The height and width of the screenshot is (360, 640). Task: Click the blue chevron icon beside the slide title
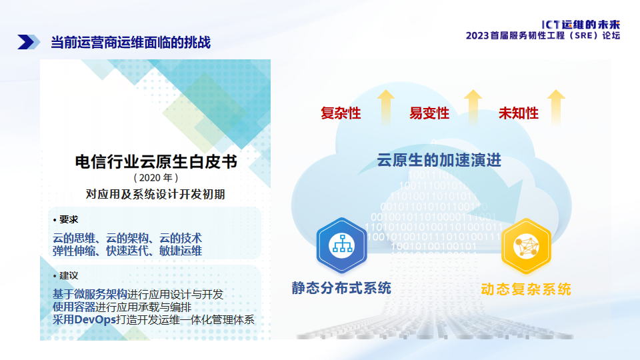coord(25,42)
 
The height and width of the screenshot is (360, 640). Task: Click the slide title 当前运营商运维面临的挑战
coord(131,43)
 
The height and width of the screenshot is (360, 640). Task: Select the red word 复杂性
coord(341,113)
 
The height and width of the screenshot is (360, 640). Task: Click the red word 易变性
coord(429,113)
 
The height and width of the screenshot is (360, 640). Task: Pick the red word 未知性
coord(519,113)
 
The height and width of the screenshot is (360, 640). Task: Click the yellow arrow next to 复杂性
coord(385,107)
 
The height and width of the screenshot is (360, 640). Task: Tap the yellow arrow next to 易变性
coord(473,107)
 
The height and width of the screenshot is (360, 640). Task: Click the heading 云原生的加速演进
coord(439,161)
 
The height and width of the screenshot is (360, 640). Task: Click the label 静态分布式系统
coord(341,288)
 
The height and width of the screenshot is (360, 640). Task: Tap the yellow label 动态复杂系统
coord(525,289)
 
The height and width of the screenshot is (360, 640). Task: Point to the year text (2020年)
coord(155,178)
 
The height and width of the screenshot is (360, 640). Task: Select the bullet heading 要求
coord(68,219)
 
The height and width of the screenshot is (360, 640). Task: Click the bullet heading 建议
coord(68,275)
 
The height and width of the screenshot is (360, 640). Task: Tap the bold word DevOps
coord(95,319)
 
